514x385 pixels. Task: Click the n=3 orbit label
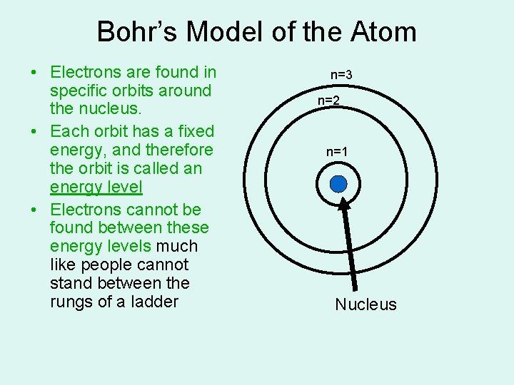click(341, 74)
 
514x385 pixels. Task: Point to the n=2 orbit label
click(329, 101)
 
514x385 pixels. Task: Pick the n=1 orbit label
click(337, 151)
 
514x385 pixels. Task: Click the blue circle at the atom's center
click(338, 185)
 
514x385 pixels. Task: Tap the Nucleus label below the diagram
click(366, 305)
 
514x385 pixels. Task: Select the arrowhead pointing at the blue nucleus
click(343, 203)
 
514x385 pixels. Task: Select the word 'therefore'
click(178, 150)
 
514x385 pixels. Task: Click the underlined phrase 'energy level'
click(96, 188)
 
